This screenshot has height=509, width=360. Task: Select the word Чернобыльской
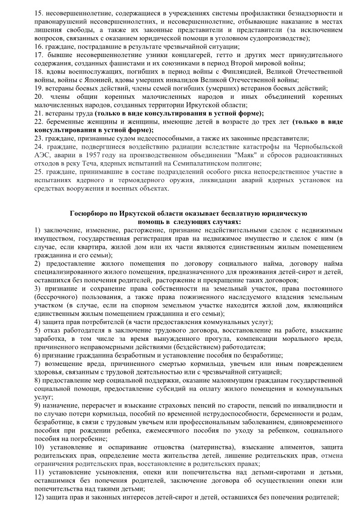pyautogui.click(x=320, y=147)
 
